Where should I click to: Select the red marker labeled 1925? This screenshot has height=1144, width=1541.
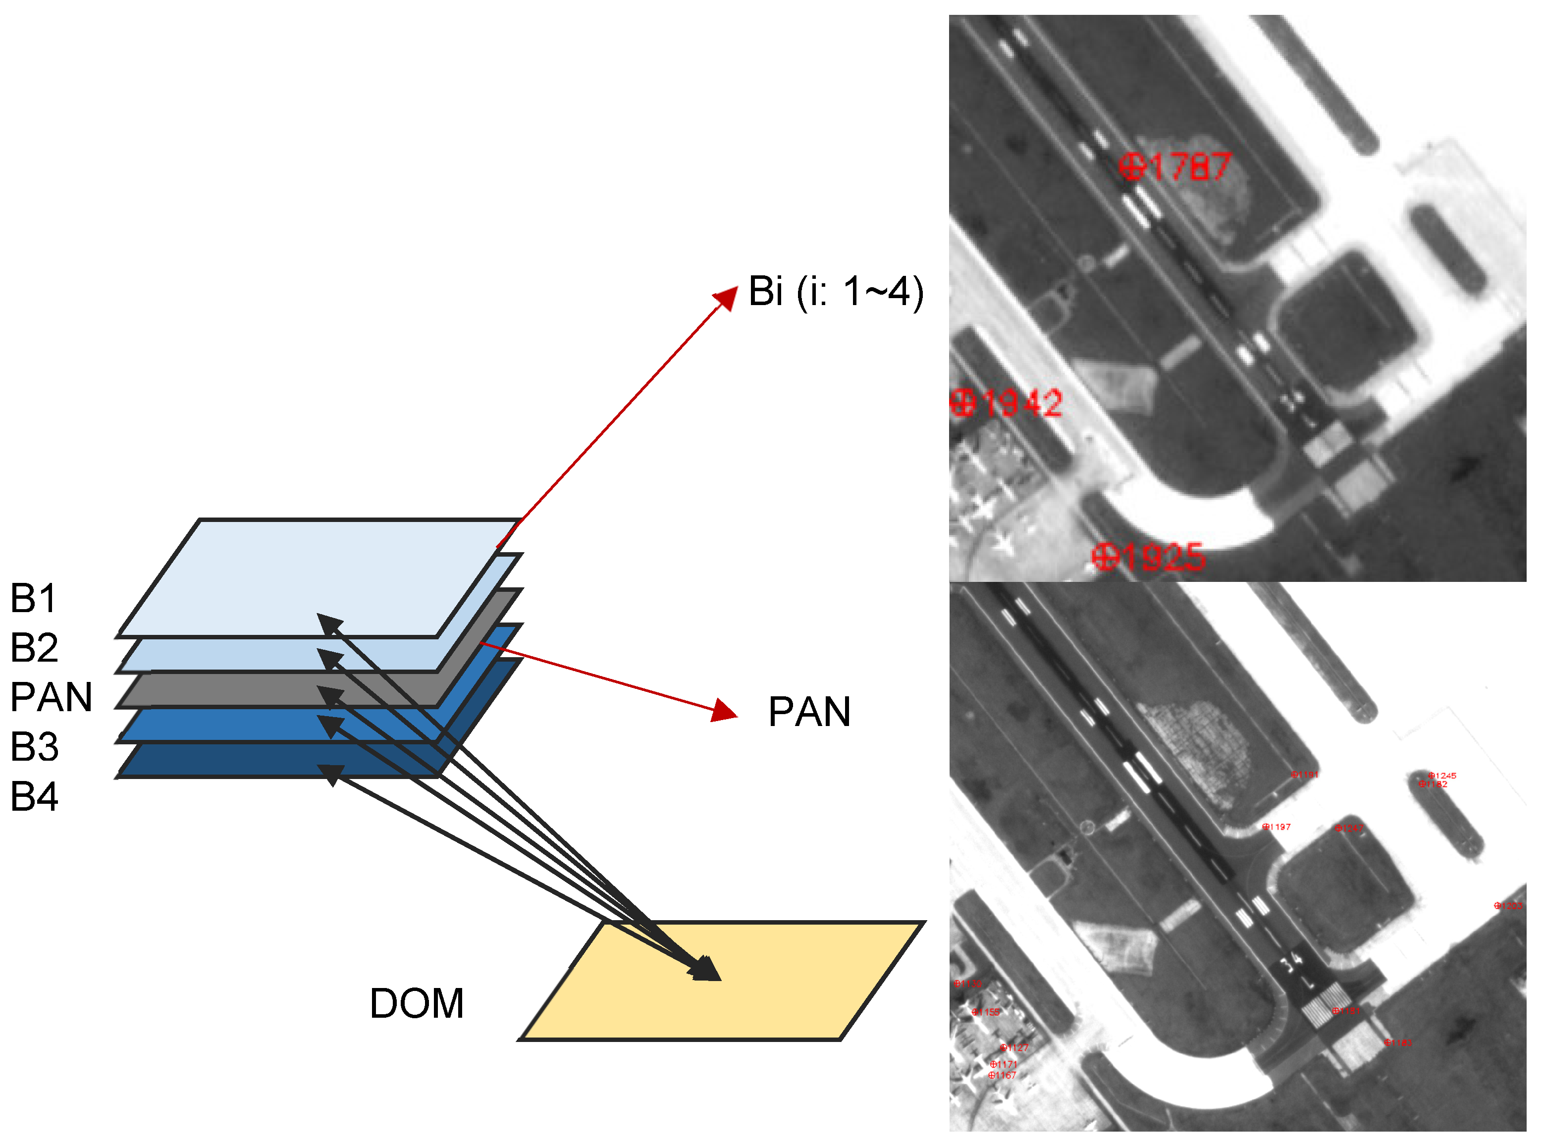tap(1148, 557)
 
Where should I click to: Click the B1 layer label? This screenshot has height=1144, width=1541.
tap(33, 598)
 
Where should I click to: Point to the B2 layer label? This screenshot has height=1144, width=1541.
tap(34, 647)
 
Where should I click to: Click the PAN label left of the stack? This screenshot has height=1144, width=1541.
tap(51, 697)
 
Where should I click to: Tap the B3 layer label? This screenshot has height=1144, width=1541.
tap(34, 746)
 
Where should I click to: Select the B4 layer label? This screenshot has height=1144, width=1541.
tap(34, 796)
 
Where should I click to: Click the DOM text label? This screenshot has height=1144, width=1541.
tap(416, 1003)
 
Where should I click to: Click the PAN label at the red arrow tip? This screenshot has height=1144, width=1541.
tap(809, 712)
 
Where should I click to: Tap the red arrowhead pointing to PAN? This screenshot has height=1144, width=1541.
tap(725, 711)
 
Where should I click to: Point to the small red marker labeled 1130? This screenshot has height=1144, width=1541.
tap(967, 984)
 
